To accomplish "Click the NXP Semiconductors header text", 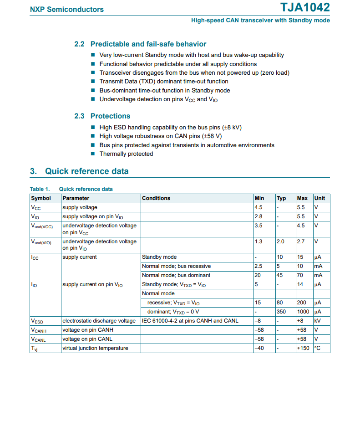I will point(67,9).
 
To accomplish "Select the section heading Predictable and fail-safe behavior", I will point(148,44).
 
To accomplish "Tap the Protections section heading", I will point(110,116).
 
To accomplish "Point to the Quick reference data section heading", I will point(86,171).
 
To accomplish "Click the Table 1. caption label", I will point(40,189).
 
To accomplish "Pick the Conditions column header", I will point(156,198).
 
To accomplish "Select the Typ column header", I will point(281,198).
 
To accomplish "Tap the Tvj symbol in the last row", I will point(34,349).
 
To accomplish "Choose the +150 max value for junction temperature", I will point(303,348).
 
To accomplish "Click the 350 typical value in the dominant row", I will point(281,312).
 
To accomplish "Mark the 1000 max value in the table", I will point(303,312).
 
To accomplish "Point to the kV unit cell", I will point(318,321).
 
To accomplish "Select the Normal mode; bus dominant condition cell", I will point(176,275).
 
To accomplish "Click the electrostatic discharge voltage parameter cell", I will point(99,321).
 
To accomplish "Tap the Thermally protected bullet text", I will point(126,154).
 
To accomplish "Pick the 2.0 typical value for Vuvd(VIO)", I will point(281,241).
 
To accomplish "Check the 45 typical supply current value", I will point(279,275).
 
